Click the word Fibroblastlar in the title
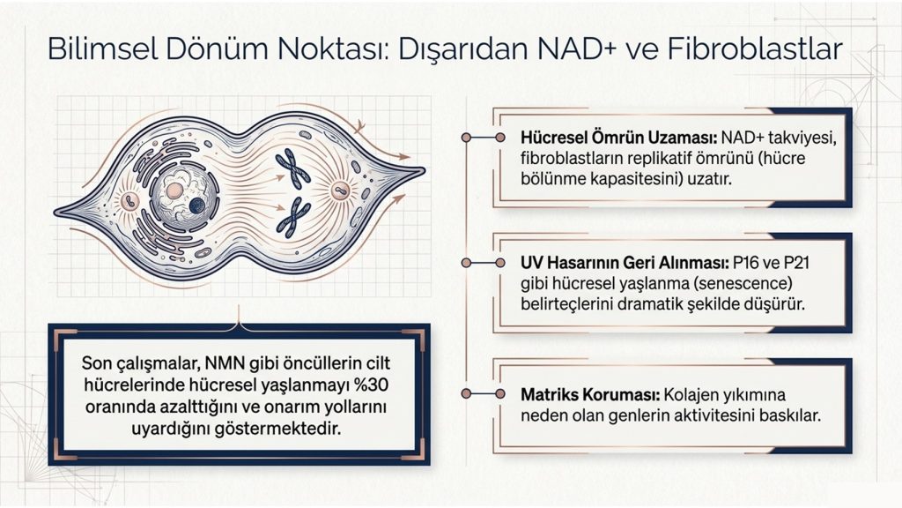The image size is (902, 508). click(754, 49)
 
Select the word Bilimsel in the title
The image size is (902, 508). click(102, 49)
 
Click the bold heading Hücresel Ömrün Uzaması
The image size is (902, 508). click(618, 138)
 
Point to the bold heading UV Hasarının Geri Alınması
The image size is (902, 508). click(625, 263)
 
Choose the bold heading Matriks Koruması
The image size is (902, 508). click(589, 395)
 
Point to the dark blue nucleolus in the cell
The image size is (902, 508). click(196, 205)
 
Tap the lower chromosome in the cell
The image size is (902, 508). click(292, 217)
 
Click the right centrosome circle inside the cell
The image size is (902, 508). click(340, 190)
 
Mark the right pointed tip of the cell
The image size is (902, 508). click(425, 170)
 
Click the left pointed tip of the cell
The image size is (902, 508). click(55, 213)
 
